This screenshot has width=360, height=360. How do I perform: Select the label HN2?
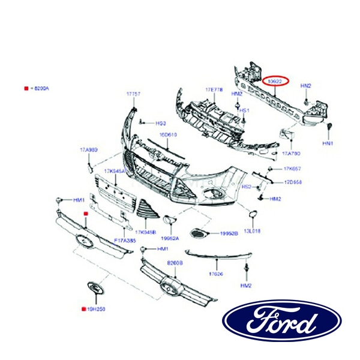click(x=306, y=86)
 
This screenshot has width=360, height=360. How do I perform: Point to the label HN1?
click(x=327, y=143)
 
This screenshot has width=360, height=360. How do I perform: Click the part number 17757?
click(x=133, y=95)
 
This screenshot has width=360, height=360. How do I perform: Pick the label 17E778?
click(x=214, y=89)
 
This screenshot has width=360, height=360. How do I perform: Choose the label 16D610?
click(x=168, y=135)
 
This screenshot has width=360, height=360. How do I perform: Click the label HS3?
click(x=160, y=122)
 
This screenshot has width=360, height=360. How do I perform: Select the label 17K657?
click(x=292, y=169)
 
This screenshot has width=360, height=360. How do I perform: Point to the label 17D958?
click(x=293, y=182)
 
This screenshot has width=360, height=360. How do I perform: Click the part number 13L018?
click(x=252, y=230)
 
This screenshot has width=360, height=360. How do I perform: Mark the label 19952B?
click(x=228, y=233)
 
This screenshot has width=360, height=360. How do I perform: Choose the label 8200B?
click(x=175, y=263)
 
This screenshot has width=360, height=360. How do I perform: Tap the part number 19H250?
click(x=96, y=310)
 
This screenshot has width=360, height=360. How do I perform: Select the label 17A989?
click(x=88, y=149)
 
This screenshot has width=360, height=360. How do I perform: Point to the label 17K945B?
click(x=145, y=232)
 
